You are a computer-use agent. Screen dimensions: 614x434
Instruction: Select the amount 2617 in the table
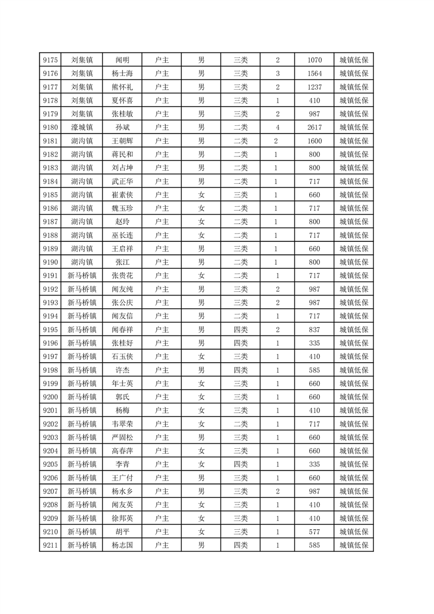(315, 128)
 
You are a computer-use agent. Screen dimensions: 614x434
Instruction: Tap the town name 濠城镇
(82, 128)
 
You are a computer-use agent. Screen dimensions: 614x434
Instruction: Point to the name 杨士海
(122, 73)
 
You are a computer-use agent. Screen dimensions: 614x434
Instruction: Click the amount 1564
(315, 73)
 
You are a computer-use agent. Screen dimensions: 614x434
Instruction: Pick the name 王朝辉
(122, 141)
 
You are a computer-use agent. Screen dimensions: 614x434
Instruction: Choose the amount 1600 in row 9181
(315, 141)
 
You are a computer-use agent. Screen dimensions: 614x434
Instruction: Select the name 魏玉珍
(122, 208)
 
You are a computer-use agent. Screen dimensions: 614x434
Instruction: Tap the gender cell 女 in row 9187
(201, 222)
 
